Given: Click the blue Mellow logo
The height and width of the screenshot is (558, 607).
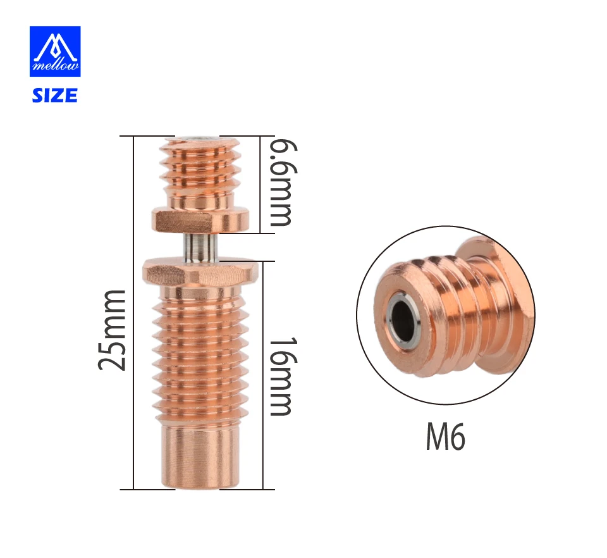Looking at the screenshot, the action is [55, 51].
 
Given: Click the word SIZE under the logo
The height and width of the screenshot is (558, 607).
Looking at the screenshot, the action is [54, 96].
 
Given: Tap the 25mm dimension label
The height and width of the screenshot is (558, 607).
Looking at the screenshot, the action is [113, 330].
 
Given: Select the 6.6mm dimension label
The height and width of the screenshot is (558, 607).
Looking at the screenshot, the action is [283, 182].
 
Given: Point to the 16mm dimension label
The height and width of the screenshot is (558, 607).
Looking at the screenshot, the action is [283, 376].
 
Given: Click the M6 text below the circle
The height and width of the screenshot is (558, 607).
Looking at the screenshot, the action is [446, 436].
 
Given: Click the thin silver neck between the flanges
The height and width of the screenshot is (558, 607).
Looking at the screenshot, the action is [199, 247].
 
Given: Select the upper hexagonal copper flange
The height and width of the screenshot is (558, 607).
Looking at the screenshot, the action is [200, 221].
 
